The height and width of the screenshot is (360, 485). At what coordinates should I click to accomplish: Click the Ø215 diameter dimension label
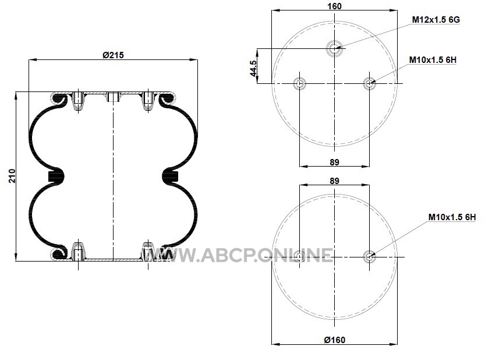point(113,55)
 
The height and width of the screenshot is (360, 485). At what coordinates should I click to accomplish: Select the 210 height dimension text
point(12,176)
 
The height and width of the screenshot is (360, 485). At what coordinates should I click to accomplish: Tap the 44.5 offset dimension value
point(253,68)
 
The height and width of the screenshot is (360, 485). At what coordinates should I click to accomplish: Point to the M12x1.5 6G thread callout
point(436,19)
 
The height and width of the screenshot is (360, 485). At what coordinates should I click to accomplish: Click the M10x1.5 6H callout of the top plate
point(433,60)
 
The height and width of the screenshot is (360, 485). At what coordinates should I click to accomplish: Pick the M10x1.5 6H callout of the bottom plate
point(452,217)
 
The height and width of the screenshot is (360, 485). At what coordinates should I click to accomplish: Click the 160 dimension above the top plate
point(334,6)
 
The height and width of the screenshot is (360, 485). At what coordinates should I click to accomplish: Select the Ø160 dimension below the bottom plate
point(334,340)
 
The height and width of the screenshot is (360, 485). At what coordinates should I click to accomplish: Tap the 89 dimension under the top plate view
point(334,162)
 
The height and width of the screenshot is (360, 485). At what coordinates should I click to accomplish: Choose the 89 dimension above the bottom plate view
point(334,181)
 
